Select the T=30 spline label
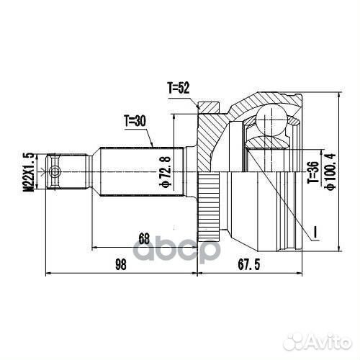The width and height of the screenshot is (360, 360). tap(134, 121)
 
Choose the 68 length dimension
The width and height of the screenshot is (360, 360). tap(143, 238)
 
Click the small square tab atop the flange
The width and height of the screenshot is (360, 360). tap(207, 108)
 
